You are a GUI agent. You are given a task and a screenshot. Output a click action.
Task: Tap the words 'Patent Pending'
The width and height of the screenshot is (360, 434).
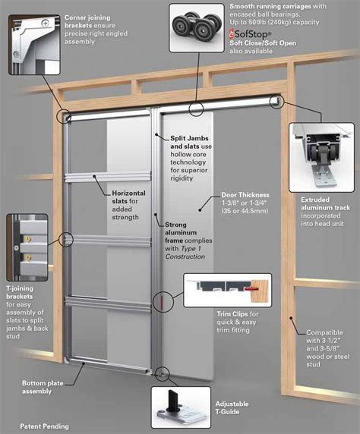(x=45, y=426)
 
